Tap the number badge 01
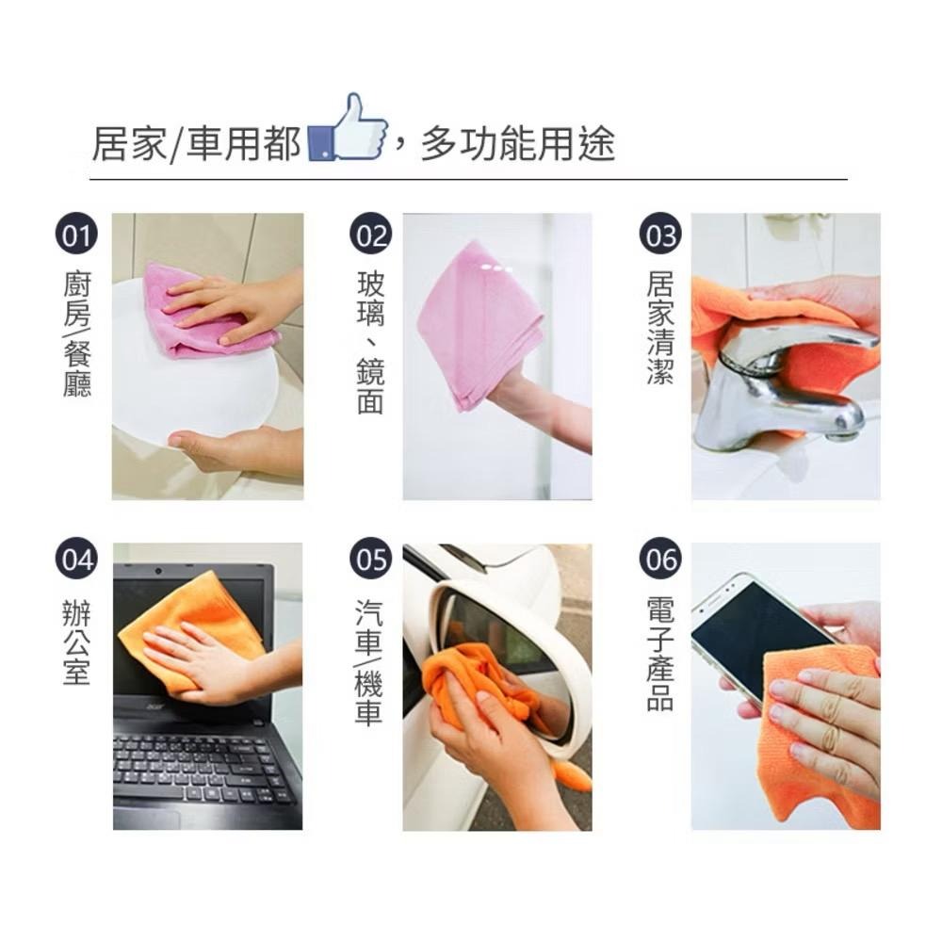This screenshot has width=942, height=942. pyautogui.click(x=77, y=235)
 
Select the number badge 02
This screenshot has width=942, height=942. pyautogui.click(x=370, y=235)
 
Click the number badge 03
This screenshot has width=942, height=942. pyautogui.click(x=660, y=235)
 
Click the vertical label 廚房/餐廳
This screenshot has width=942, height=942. pyautogui.click(x=77, y=334)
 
